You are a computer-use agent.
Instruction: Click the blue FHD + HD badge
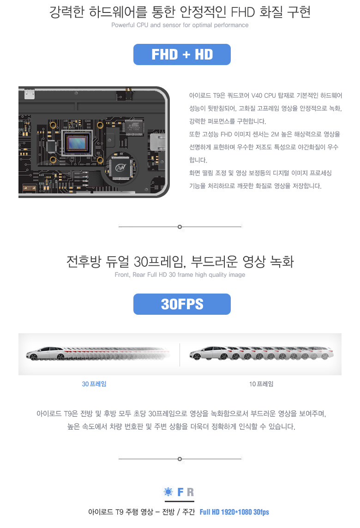(182, 54)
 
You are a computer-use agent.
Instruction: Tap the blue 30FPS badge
(182, 304)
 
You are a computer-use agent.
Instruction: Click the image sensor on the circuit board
(78, 143)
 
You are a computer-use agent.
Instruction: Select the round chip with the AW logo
(120, 168)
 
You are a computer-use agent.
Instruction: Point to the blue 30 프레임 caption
(94, 384)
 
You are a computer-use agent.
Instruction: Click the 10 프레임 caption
(261, 384)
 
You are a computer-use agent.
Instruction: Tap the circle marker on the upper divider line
(180, 227)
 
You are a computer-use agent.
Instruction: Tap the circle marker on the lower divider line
(180, 459)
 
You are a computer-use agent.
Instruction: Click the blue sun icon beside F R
(168, 492)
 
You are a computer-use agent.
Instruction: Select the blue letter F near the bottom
(180, 492)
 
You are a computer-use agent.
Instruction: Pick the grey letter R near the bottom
(190, 492)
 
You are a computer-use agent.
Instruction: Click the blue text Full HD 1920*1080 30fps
(234, 512)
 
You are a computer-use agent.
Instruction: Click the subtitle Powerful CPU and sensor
(180, 25)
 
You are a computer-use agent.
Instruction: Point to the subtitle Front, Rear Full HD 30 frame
(180, 275)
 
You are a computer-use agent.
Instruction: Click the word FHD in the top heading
(243, 12)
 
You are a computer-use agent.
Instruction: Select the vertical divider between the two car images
(180, 354)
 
